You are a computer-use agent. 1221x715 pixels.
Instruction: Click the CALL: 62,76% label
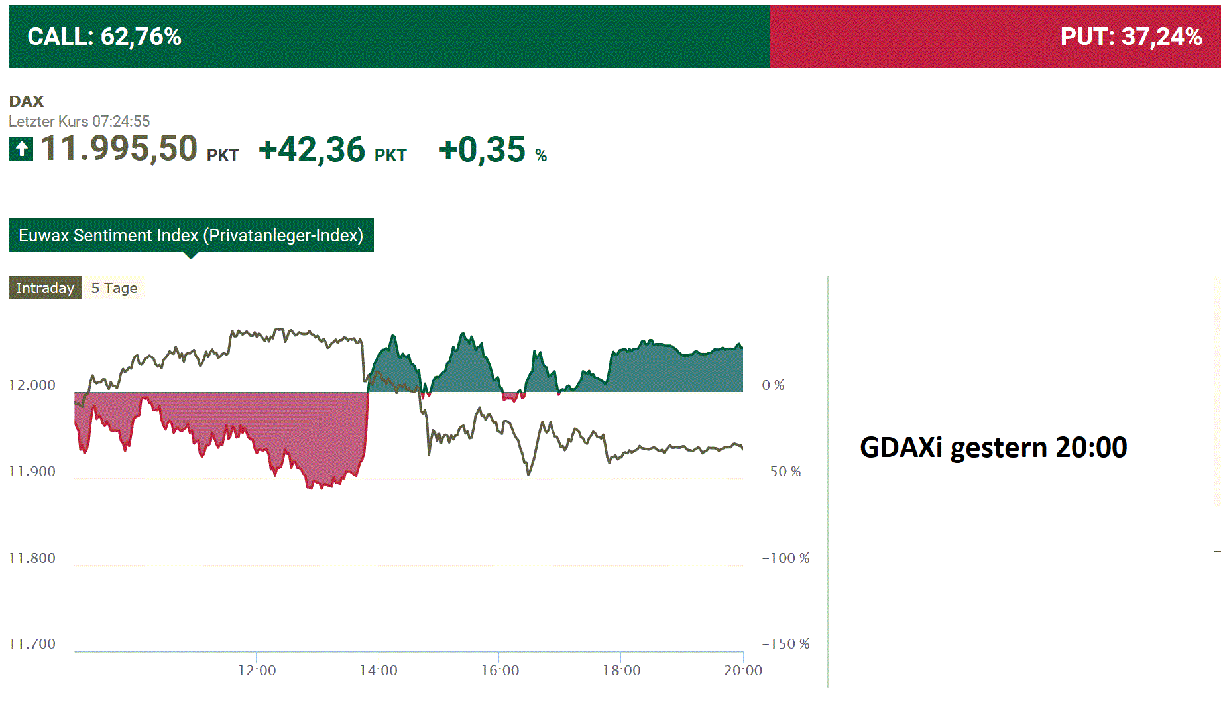click(x=104, y=36)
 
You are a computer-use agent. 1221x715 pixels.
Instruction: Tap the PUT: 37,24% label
click(x=1131, y=36)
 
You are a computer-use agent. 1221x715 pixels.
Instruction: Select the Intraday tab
click(x=45, y=288)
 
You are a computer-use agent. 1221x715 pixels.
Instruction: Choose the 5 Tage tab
click(x=114, y=288)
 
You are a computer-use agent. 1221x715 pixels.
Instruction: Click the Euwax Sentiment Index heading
click(x=191, y=235)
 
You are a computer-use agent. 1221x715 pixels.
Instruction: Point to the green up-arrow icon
click(x=21, y=149)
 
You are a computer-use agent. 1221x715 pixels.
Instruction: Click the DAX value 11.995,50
click(x=119, y=149)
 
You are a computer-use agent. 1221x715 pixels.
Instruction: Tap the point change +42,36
click(x=312, y=150)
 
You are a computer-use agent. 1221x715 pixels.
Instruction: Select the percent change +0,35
click(x=483, y=150)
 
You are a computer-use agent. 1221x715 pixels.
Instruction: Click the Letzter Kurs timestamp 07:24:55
click(x=121, y=121)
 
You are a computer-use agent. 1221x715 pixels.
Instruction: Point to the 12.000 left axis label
click(x=32, y=385)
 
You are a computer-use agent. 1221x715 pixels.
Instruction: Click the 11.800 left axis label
click(x=32, y=558)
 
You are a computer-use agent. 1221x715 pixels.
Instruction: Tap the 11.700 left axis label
click(x=32, y=644)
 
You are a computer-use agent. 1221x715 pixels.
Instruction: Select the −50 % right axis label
click(x=782, y=472)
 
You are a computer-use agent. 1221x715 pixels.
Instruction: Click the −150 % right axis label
click(x=785, y=644)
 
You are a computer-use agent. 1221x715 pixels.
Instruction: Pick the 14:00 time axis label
click(x=378, y=671)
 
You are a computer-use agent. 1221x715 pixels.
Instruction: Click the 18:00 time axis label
click(x=622, y=671)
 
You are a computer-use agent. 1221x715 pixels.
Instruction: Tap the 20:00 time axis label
click(x=743, y=671)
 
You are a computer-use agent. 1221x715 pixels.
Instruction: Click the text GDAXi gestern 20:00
click(x=993, y=448)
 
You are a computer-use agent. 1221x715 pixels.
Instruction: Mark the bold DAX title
click(x=27, y=101)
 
